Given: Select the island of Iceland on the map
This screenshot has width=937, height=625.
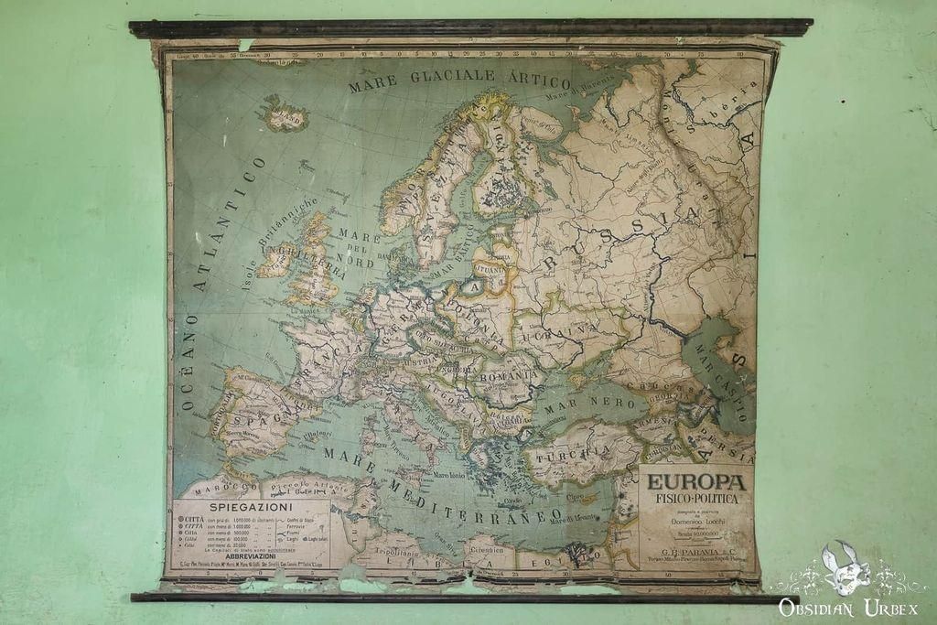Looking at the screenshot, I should (283, 115).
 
